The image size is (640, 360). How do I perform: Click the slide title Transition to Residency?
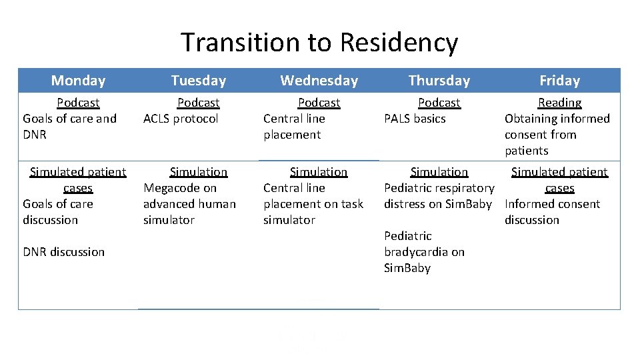pos(319,42)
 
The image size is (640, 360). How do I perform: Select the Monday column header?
pos(78,81)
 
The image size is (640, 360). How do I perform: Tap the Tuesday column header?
pos(198,81)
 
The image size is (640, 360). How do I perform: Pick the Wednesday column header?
pos(319,81)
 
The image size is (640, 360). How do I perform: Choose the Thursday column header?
pos(439,81)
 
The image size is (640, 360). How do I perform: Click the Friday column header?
pos(559,81)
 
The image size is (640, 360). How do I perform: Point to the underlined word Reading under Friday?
pos(559,103)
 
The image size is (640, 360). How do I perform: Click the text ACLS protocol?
pos(181,119)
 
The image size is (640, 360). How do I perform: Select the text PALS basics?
pos(415,119)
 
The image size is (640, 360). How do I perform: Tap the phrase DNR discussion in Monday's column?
pos(63,252)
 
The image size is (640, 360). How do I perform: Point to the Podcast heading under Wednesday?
pos(319,103)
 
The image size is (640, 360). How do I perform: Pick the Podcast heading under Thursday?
pos(439,103)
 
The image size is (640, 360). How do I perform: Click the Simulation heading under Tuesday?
pos(198,172)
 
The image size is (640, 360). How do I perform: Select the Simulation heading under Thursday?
pos(439,172)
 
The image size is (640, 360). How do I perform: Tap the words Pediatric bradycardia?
pos(424,244)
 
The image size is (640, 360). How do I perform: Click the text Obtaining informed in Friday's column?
pos(557,119)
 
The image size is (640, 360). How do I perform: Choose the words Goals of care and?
pos(69,119)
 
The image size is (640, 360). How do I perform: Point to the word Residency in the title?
pos(398,42)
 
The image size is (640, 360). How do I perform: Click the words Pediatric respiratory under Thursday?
pos(439,188)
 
